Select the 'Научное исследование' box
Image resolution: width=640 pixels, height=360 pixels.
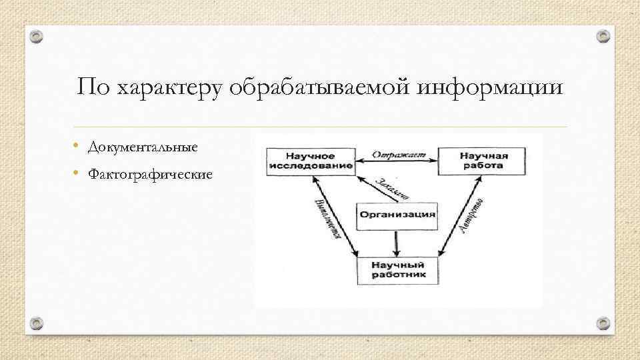click(310, 161)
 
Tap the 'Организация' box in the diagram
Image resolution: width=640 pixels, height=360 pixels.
click(398, 215)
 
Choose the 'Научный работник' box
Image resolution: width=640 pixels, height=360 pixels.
click(397, 268)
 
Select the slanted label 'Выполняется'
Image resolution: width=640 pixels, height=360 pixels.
click(327, 217)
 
